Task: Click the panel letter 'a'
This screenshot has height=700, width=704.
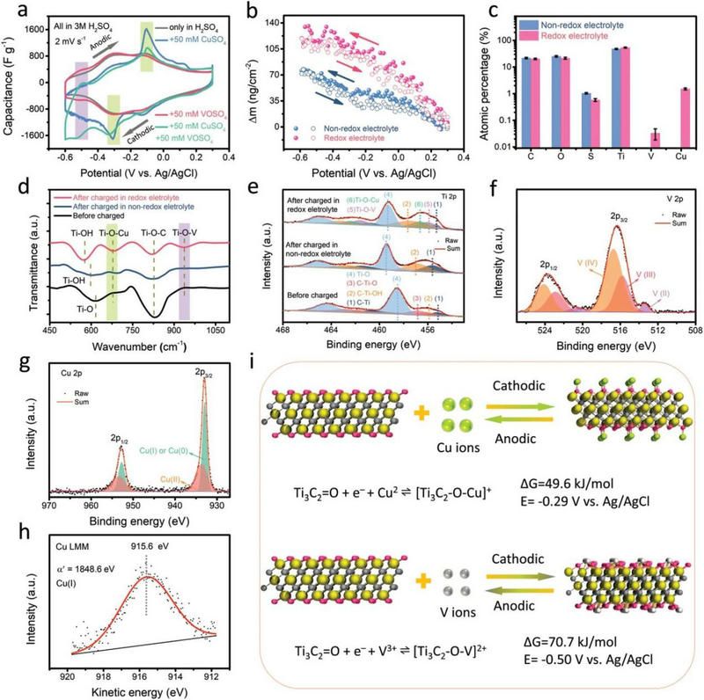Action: [11, 9]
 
